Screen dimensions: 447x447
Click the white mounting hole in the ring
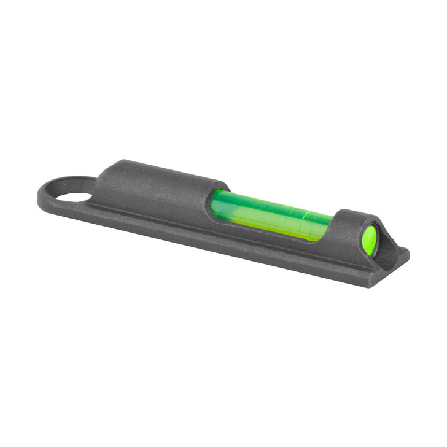[75, 197]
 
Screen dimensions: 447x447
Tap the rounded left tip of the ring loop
[41, 195]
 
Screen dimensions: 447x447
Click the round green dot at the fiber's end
[370, 239]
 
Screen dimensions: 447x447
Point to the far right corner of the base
[406, 252]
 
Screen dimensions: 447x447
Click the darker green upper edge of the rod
[270, 201]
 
